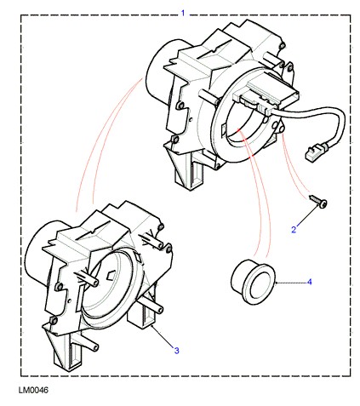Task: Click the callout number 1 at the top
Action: [183, 13]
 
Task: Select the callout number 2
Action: [294, 229]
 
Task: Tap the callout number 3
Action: [176, 351]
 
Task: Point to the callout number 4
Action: [310, 282]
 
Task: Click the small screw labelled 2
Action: [318, 201]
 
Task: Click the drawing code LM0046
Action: [33, 390]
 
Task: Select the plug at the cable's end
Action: [315, 152]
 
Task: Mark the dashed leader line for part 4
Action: [291, 283]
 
